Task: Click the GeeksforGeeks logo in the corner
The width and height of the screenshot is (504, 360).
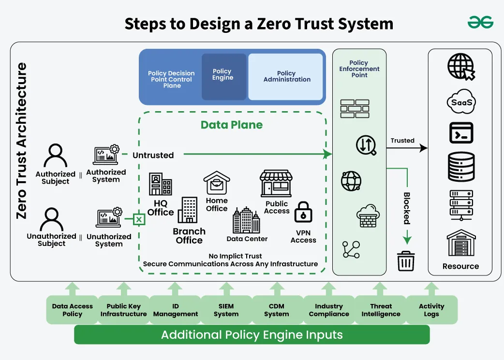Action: (480, 22)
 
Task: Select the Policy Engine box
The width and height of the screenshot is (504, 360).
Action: (223, 76)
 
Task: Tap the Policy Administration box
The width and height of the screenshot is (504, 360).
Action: (286, 76)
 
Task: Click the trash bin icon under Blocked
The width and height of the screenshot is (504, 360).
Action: (405, 261)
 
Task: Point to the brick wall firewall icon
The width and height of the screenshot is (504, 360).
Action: (354, 109)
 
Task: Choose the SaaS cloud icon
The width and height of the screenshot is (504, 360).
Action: (460, 102)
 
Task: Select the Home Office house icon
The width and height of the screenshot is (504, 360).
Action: (216, 183)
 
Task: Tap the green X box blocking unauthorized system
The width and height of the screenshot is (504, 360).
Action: (139, 220)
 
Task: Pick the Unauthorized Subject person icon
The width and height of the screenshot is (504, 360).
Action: (52, 220)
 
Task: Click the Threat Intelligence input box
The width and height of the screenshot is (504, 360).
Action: (381, 310)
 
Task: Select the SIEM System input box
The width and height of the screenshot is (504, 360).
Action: (226, 310)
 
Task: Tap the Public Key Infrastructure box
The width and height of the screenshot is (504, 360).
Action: (123, 310)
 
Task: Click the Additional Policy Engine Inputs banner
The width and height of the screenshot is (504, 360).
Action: (252, 334)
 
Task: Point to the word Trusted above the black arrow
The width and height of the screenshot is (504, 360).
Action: (402, 141)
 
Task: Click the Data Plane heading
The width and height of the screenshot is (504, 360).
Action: (232, 125)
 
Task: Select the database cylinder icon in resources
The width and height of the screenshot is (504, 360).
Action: (460, 166)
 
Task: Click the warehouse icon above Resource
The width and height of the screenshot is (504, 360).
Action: (460, 244)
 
